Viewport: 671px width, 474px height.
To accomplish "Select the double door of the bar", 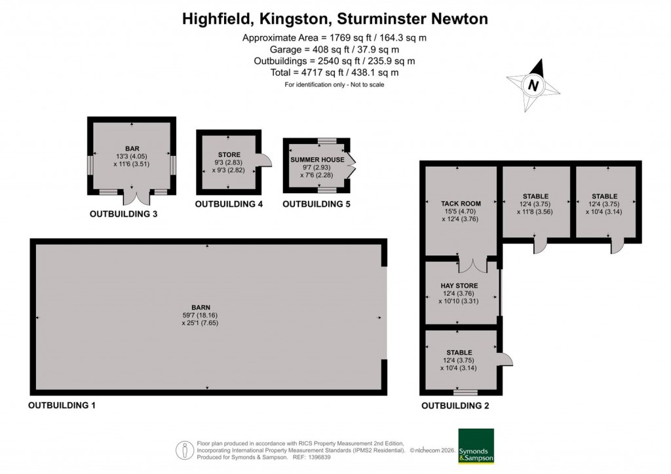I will (x=133, y=197).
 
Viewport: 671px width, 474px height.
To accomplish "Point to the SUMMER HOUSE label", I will (x=317, y=159).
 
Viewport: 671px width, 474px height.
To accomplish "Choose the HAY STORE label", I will (x=459, y=285).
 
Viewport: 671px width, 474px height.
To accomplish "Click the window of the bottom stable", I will (x=465, y=393).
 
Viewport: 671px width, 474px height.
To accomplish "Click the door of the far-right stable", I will (x=616, y=246).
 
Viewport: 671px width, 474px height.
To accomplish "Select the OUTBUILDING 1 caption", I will (x=62, y=405).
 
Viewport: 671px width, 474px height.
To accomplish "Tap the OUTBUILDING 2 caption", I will (x=455, y=405).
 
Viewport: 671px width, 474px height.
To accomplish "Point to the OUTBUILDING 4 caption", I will (x=229, y=204).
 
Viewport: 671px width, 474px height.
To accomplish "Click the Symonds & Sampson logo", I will (x=476, y=446).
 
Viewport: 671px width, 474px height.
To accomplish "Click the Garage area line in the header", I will (x=334, y=49).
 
